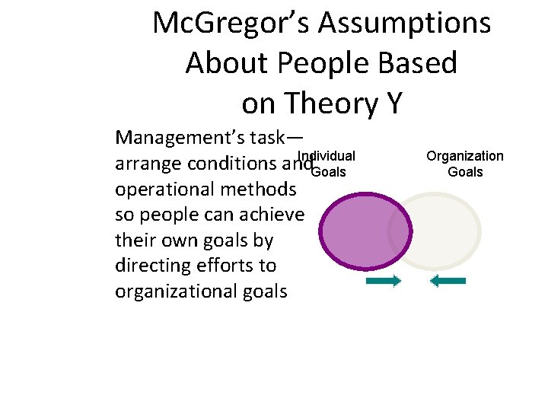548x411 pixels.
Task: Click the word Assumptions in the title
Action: click(404, 24)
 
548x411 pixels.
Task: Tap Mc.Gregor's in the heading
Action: click(231, 24)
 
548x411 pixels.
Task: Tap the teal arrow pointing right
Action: click(384, 282)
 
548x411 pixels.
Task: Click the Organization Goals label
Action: click(464, 164)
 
